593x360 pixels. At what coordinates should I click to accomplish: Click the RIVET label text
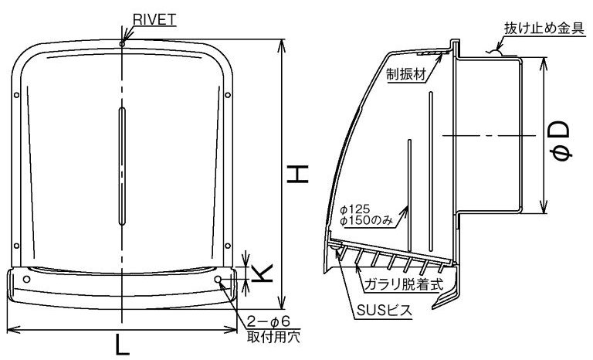(154, 20)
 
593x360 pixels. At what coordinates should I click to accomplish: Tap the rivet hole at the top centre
(122, 44)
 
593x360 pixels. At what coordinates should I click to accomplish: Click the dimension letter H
(298, 174)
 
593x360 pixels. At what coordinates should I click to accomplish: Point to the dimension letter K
(262, 273)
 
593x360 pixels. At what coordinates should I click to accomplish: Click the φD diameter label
(561, 140)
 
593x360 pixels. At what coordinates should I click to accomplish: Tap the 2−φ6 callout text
(268, 322)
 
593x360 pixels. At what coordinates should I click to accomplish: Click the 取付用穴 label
(273, 337)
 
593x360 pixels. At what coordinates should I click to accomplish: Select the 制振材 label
(406, 75)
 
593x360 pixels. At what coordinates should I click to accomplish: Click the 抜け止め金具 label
(544, 29)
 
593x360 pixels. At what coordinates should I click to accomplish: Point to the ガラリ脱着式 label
(403, 284)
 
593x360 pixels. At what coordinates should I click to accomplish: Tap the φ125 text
(354, 209)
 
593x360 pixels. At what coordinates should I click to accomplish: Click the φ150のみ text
(367, 221)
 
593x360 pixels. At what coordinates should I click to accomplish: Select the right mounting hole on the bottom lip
(218, 280)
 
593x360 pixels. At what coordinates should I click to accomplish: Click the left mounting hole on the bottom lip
(26, 280)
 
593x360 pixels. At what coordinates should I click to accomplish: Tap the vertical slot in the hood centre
(122, 166)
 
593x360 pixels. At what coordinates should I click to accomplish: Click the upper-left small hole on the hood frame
(16, 95)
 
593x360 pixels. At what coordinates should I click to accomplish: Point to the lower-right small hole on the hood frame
(227, 246)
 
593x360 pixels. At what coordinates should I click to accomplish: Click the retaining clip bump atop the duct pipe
(495, 53)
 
